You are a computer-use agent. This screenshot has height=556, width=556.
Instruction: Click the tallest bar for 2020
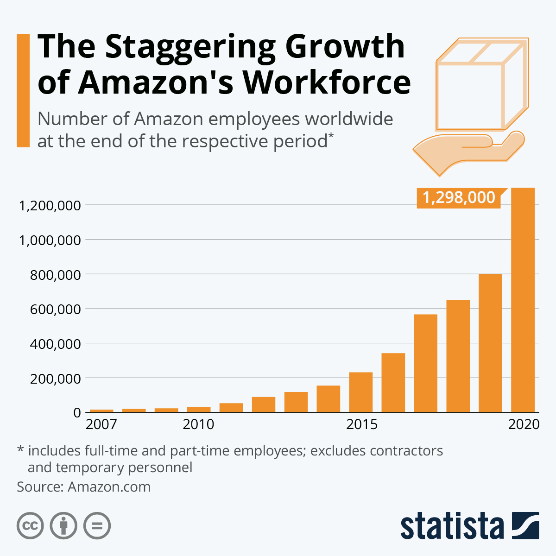[x=523, y=301]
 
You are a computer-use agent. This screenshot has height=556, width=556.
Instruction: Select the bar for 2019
[x=490, y=343]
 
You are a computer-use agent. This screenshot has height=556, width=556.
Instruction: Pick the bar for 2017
[x=425, y=363]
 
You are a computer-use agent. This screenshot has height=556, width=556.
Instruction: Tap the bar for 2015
[x=360, y=392]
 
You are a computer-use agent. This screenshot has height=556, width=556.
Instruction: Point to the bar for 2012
[x=263, y=404]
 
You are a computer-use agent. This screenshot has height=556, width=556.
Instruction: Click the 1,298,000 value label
[x=459, y=198]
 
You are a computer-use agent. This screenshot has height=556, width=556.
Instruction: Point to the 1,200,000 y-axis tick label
[x=50, y=205]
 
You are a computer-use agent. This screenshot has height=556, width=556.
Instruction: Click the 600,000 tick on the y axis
[x=55, y=309]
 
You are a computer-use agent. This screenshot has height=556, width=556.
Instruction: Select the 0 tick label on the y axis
[x=77, y=413]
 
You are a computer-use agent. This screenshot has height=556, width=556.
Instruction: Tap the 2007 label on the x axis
[x=101, y=424]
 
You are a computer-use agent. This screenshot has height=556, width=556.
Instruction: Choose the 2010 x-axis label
[x=198, y=424]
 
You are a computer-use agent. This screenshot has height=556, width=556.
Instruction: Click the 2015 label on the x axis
[x=362, y=424]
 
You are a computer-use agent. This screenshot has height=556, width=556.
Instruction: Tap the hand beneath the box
[x=468, y=151]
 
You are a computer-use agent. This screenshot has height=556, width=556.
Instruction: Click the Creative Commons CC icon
[x=30, y=526]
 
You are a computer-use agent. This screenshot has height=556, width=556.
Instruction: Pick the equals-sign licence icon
[x=97, y=526]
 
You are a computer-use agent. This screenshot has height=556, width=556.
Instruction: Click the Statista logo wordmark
[x=452, y=526]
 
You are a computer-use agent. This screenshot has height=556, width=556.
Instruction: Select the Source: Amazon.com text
[x=84, y=487]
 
